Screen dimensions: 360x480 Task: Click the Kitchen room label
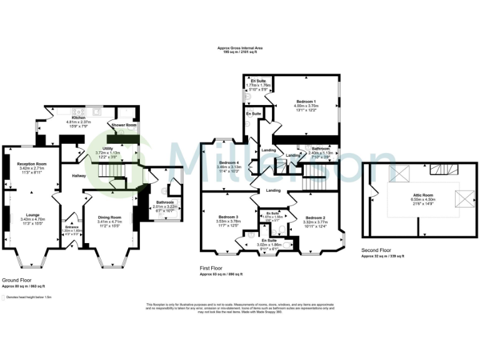(x=79, y=117)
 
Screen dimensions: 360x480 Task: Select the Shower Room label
(x=123, y=125)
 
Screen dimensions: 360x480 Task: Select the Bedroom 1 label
(x=306, y=101)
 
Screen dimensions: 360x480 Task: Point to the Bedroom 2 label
(x=316, y=217)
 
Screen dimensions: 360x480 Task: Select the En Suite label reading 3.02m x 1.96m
(x=269, y=240)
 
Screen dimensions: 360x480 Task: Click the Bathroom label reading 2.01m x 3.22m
(x=165, y=202)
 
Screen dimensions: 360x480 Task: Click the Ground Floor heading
(x=16, y=280)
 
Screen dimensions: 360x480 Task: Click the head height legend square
(x=4, y=297)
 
